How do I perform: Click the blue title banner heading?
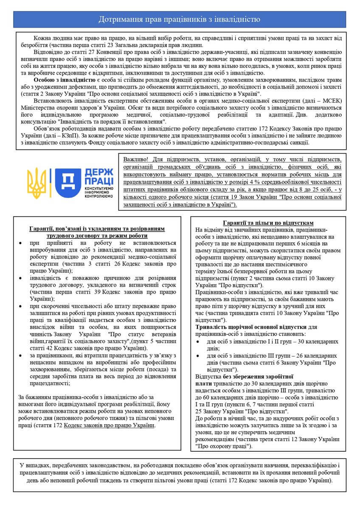pos(180,20)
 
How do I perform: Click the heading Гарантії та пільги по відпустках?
pos(268,223)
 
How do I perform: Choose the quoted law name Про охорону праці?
pos(223,446)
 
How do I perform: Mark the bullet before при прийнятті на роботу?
pos(22,243)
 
